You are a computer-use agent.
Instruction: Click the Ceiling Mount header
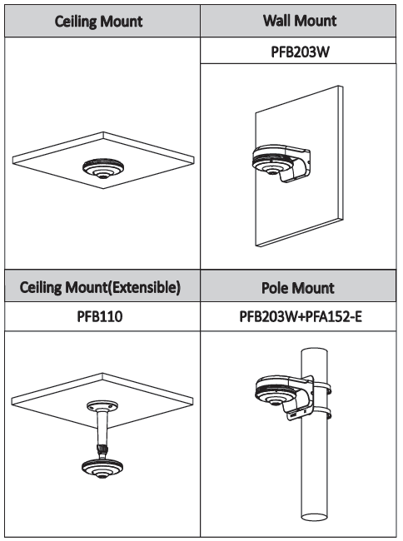(98, 22)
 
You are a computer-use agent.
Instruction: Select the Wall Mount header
(300, 21)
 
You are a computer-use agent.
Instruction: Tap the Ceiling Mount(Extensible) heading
(100, 287)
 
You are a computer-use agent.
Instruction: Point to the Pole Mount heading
(298, 288)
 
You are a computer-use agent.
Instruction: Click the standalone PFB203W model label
(300, 52)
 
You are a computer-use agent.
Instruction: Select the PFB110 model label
(100, 316)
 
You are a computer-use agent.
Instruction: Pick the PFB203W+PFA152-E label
(301, 316)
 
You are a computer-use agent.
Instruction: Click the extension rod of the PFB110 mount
(102, 428)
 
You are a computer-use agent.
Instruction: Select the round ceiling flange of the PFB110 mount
(102, 406)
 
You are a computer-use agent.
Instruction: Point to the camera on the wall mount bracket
(272, 161)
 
